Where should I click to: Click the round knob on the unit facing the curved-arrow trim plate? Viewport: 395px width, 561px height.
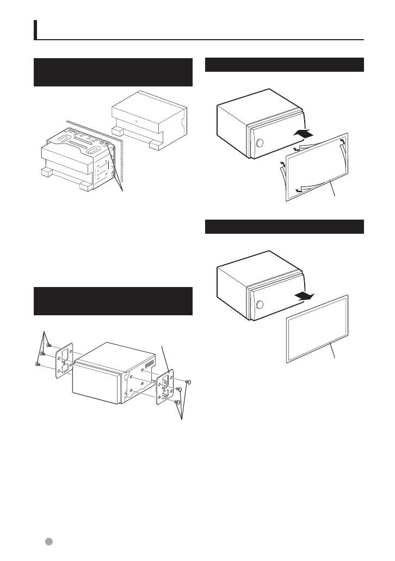[260, 144]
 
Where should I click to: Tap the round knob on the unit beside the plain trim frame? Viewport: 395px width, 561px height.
[260, 306]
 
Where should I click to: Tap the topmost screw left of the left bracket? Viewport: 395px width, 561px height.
[49, 345]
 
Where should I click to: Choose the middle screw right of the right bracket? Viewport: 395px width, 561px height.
[180, 390]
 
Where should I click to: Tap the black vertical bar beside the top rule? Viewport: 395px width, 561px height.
[36, 30]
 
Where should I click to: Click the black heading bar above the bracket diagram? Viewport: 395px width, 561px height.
[113, 301]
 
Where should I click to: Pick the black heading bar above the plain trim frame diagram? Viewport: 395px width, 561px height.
[284, 227]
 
